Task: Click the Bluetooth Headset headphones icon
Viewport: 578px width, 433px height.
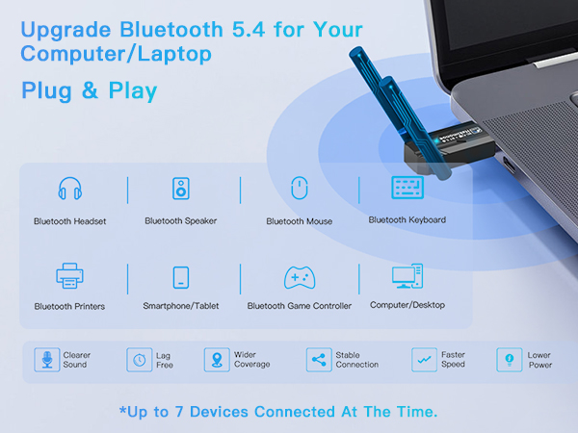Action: tap(69, 189)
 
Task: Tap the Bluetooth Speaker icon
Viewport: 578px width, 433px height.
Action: tap(181, 188)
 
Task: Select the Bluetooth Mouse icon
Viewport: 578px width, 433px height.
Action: tap(299, 189)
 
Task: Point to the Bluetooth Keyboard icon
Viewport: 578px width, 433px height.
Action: tap(407, 187)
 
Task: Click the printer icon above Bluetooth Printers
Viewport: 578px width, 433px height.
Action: tap(69, 276)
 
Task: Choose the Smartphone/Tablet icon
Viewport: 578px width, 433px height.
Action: tap(181, 277)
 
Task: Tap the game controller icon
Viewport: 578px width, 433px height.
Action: tap(299, 277)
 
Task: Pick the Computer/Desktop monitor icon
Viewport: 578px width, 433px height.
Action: tap(407, 277)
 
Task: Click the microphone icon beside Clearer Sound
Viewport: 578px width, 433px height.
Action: tap(45, 360)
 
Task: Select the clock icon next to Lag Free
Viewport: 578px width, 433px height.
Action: tap(139, 360)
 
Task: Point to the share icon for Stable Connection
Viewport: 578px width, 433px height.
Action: tap(318, 360)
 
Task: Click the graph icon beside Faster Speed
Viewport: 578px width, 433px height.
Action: tap(422, 360)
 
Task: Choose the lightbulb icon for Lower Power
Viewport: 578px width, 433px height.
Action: tap(508, 360)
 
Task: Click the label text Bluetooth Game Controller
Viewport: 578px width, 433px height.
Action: tap(299, 306)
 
